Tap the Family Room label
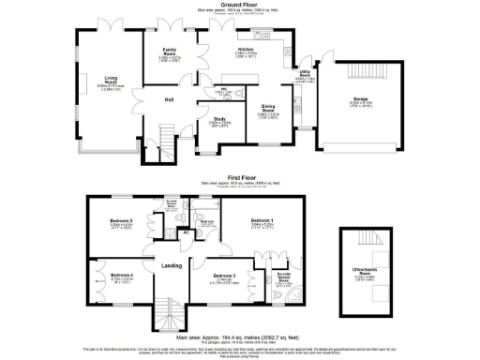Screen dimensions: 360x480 [x=171, y=52]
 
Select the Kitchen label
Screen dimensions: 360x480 [x=247, y=49]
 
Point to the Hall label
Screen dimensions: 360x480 [x=171, y=99]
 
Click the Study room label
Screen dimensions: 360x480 [x=220, y=119]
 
